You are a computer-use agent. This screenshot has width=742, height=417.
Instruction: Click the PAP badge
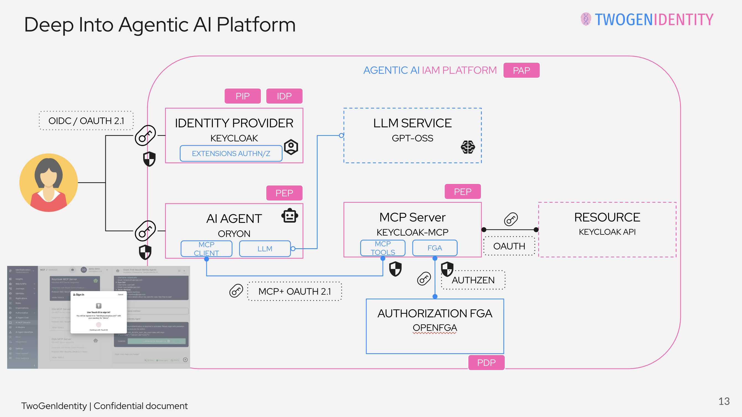521,70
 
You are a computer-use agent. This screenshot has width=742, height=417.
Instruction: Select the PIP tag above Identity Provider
242,96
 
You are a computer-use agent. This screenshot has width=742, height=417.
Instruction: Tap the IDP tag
284,96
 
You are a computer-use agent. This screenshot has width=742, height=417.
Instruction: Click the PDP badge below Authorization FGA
486,362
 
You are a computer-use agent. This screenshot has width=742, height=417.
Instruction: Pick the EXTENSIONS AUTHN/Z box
231,153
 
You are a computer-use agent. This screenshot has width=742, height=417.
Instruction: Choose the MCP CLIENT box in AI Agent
206,249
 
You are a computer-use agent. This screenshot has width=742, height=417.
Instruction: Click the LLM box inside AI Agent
265,249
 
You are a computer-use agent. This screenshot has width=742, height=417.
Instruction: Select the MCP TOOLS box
383,248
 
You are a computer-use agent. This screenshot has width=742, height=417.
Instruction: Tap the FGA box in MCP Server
434,248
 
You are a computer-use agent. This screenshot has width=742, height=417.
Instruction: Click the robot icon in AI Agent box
289,216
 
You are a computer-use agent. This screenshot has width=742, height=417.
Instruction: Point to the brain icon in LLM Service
467,147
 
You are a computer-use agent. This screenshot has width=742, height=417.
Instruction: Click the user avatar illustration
49,183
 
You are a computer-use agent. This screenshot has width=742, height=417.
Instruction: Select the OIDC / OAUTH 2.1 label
86,121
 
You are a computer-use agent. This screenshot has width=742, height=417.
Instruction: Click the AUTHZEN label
473,280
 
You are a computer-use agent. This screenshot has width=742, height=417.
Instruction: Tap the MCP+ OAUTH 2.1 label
294,291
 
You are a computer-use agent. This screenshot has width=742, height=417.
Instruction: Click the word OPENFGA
435,328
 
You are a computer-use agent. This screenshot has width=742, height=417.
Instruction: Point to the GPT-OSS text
412,138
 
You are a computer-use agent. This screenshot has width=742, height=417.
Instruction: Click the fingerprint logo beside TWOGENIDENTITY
586,19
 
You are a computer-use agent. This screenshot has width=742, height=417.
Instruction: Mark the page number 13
723,401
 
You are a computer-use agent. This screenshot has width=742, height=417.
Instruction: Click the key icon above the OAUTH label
511,219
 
